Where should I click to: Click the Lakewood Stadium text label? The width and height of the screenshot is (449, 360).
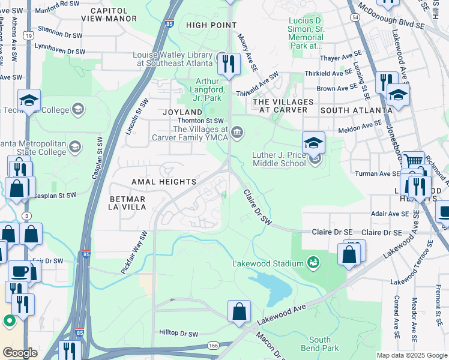(268, 263)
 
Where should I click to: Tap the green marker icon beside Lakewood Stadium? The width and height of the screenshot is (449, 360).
(312, 262)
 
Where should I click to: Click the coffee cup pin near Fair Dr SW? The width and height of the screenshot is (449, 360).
(19, 272)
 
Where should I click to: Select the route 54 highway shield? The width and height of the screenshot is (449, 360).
(356, 18)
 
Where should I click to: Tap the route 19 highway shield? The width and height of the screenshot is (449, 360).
(28, 37)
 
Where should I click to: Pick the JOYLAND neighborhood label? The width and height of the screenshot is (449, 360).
(182, 112)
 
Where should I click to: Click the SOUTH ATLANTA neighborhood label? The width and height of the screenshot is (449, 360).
(356, 110)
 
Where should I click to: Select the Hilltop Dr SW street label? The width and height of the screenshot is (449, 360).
(178, 333)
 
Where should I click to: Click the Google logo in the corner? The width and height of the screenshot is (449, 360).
(20, 353)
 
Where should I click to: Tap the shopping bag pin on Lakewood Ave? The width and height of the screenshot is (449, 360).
(239, 312)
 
